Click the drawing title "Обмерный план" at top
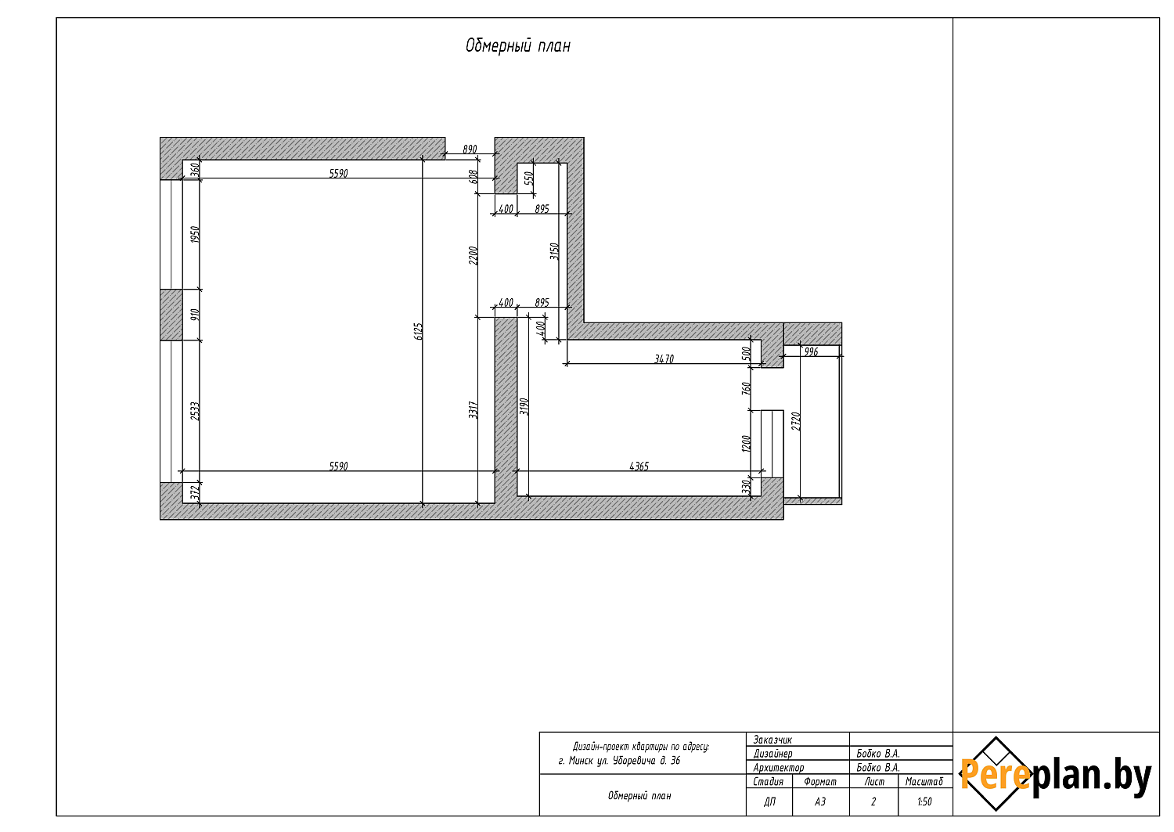(x=518, y=46)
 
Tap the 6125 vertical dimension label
(x=418, y=331)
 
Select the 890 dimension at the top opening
(x=470, y=149)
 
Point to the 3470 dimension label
(x=664, y=358)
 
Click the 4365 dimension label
(x=639, y=466)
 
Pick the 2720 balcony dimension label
(x=796, y=422)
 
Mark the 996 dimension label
(x=811, y=351)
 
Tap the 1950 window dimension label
(x=194, y=234)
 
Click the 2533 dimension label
(x=194, y=411)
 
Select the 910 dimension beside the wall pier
(x=194, y=315)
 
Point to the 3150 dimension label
(x=554, y=251)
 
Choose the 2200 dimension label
(x=474, y=255)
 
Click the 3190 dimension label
(x=524, y=406)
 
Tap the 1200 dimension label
(x=747, y=444)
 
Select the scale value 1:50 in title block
(x=924, y=801)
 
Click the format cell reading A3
(x=820, y=801)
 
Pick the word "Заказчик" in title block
(x=772, y=740)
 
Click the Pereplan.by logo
(x=1054, y=774)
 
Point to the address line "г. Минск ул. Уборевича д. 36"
(x=619, y=761)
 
